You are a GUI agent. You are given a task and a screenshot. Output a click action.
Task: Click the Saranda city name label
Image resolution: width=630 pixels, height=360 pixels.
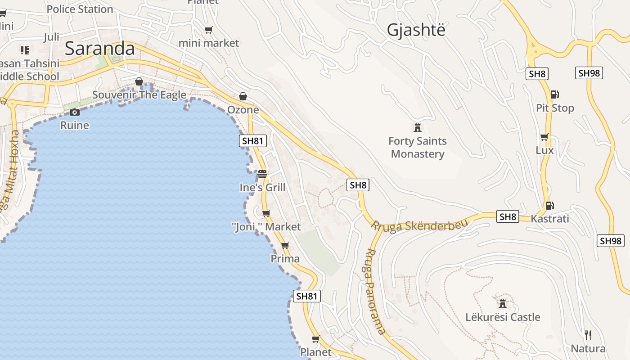coord(99,49)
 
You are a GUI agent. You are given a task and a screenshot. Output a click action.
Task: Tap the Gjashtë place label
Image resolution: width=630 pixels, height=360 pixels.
coord(416,30)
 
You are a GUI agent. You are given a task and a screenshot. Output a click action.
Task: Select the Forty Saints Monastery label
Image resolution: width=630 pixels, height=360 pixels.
coord(418,148)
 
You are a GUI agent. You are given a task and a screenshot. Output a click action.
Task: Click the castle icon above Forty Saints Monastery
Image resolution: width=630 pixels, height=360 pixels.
coord(418,127)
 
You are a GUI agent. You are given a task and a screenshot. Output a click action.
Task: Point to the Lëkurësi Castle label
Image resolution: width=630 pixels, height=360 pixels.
coord(503,317)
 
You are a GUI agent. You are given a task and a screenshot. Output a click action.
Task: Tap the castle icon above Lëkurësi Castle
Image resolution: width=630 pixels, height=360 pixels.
coord(503,302)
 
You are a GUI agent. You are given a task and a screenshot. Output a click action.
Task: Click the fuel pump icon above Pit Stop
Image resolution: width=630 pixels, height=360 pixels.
coord(555,94)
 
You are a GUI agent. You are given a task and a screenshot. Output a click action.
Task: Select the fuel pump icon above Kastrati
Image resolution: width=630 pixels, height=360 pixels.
coord(549,205)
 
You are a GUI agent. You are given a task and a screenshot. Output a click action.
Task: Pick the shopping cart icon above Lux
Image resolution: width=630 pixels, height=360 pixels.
coord(544,137)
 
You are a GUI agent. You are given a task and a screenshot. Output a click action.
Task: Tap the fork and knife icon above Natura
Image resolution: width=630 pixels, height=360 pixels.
coord(588,335)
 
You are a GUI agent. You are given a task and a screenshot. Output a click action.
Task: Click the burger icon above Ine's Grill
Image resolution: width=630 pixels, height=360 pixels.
coord(262,174)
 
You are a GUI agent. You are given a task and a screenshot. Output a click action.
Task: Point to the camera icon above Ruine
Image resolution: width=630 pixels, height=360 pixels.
coord(75,112)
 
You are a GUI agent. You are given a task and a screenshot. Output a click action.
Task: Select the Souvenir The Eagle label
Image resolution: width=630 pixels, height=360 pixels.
coord(139,95)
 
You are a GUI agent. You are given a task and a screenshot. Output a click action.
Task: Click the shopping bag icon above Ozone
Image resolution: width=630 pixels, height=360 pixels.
coord(243,96)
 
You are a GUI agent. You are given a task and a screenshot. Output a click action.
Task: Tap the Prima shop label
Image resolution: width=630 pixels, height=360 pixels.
coord(285,259)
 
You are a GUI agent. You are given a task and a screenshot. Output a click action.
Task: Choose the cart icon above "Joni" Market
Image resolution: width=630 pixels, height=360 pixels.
coord(266,213)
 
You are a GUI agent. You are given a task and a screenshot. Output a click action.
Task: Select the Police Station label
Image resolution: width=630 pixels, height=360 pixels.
coord(80,9)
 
